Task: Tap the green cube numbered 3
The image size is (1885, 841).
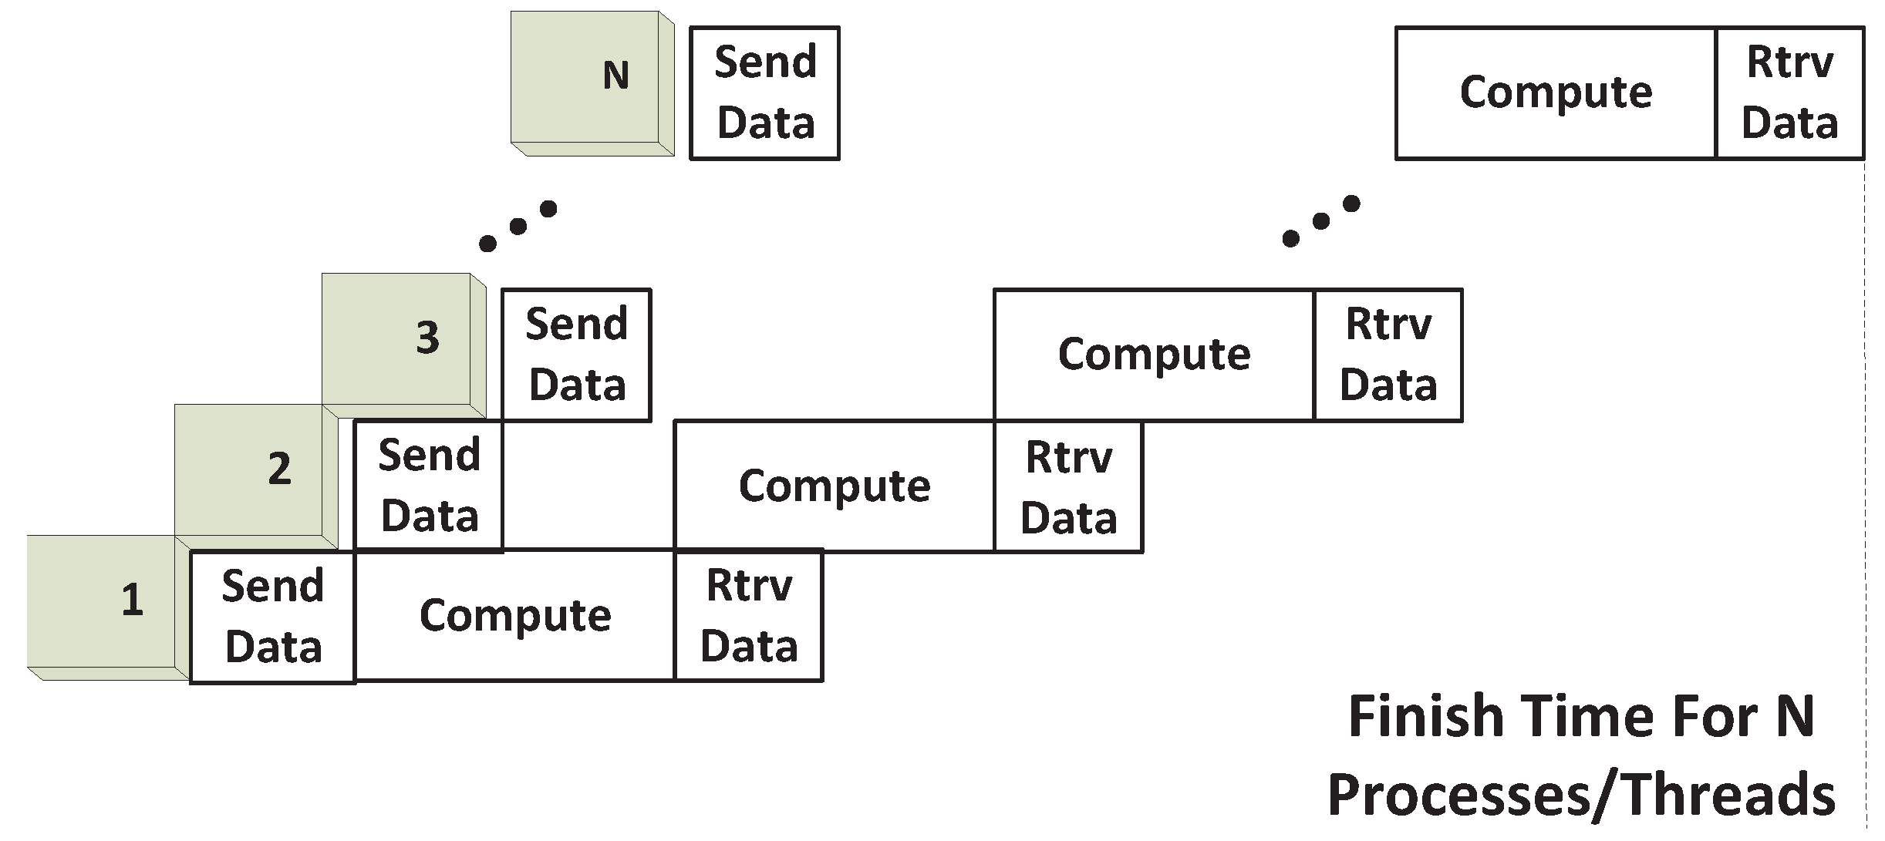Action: coord(397,339)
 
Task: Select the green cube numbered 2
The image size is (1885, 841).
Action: coord(251,470)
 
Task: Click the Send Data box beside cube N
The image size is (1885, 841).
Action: coord(764,93)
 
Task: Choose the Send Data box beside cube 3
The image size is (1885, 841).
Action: coord(576,355)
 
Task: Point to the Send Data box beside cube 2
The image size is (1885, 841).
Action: coord(429,486)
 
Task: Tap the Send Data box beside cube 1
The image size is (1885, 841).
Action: coord(272,617)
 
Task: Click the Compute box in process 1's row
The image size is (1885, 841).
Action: coord(514,615)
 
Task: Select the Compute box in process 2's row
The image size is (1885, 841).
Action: coord(835,486)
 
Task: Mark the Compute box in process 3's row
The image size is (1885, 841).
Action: coord(1154,355)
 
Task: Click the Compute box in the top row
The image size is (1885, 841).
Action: coord(1556,93)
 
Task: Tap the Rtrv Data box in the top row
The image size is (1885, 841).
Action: coord(1789,93)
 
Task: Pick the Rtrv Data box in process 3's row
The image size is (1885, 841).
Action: coord(1388,355)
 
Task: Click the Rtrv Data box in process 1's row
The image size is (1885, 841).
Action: coord(748,615)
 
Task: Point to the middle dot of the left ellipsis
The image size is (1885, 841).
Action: coord(518,226)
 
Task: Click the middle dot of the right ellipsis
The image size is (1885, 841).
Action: coord(1321,221)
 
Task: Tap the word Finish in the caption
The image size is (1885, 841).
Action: coord(1425,717)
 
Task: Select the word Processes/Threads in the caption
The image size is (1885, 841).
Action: coord(1581,796)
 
